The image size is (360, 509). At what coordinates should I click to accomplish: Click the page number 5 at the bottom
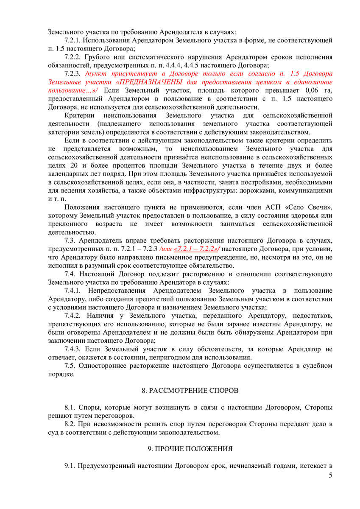coord(330,475)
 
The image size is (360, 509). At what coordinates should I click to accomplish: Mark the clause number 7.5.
coord(70,366)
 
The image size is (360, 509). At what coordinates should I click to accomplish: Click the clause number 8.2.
coord(70,424)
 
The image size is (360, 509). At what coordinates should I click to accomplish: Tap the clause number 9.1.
coord(70,466)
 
